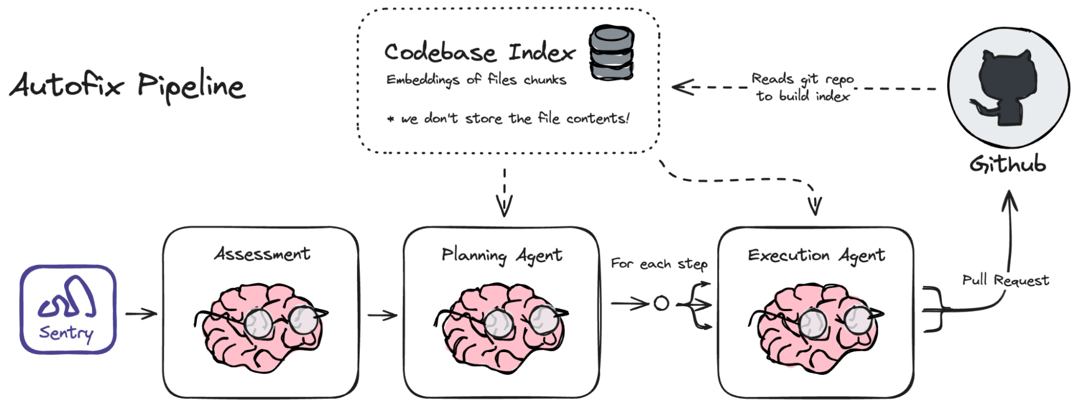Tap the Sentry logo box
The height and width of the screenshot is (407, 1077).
click(x=68, y=310)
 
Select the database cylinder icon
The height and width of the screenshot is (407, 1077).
click(x=611, y=53)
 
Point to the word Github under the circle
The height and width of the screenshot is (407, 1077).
click(x=1007, y=164)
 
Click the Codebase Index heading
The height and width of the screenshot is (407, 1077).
click(x=480, y=52)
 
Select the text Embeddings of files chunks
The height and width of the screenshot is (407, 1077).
click(x=476, y=80)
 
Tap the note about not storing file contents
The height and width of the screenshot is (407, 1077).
click(x=508, y=118)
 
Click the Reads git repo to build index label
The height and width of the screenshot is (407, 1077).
click(x=803, y=87)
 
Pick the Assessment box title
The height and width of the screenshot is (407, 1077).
click(x=262, y=254)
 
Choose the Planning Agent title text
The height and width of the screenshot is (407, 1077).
click(x=502, y=255)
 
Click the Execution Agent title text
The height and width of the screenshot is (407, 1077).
click(x=816, y=255)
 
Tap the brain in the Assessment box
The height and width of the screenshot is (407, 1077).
click(x=262, y=326)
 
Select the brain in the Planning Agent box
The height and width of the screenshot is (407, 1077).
click(x=502, y=326)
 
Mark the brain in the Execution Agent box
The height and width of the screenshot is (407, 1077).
click(x=816, y=326)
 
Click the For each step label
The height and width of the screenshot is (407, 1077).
click(x=659, y=264)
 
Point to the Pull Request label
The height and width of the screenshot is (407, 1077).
click(x=1005, y=280)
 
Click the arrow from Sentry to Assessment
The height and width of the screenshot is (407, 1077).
click(x=141, y=313)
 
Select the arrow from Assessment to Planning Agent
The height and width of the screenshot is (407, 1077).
click(x=382, y=314)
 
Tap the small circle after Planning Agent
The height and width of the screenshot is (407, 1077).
click(x=661, y=304)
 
